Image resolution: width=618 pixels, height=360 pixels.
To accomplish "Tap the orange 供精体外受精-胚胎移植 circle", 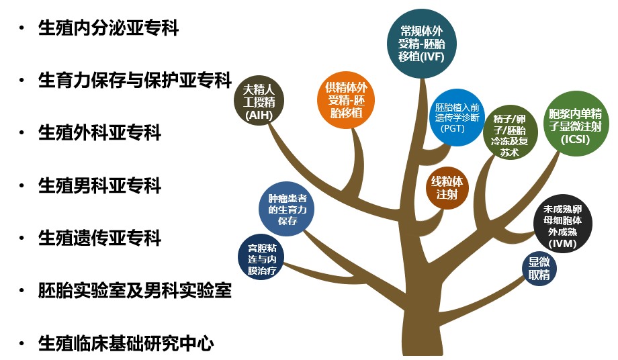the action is point(346,100).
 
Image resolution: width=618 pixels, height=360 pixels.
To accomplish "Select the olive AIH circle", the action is point(259,101).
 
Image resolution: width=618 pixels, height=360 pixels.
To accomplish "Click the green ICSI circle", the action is point(570,126).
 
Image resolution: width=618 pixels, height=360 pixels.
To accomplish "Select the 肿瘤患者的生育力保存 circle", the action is point(287,209).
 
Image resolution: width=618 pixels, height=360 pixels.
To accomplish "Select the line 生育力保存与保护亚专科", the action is point(135,81).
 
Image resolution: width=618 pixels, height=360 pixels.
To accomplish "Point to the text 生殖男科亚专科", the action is point(100,185).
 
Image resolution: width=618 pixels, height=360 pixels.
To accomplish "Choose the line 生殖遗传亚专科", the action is point(100,238).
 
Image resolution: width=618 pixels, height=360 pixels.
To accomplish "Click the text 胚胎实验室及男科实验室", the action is point(135,291).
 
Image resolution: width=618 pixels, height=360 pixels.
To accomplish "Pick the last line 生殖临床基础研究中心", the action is point(126,344).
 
